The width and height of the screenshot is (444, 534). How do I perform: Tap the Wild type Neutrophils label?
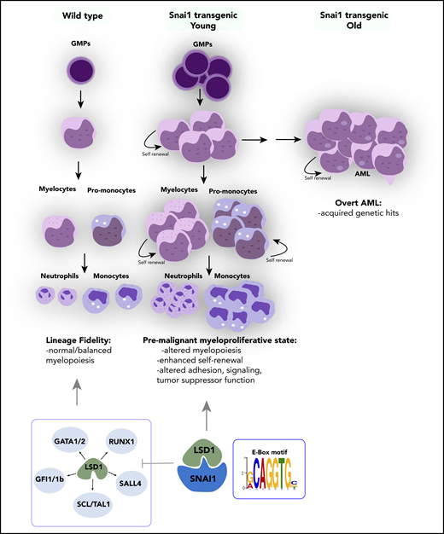click(x=57, y=278)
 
